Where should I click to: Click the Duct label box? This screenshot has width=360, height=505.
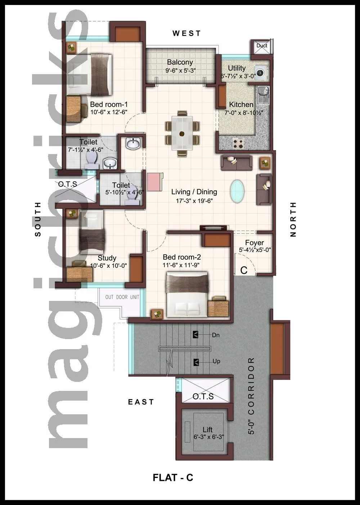262,46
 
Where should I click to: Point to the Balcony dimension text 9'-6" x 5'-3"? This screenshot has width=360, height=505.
180,71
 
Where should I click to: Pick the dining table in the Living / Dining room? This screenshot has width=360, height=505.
182,133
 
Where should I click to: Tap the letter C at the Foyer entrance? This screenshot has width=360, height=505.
244,270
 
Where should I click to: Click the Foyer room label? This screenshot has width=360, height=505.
255,243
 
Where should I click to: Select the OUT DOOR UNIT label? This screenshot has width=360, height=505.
122,297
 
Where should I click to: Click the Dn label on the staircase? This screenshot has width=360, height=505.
216,335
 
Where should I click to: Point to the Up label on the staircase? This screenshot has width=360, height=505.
216,361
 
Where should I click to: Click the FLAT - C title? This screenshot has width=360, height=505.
173,478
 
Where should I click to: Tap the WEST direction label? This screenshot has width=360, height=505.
186,33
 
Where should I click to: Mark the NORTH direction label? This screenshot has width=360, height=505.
293,219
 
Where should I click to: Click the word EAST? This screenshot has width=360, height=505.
141,402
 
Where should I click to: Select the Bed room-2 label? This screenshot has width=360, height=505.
181,257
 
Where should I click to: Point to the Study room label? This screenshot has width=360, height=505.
107,258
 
